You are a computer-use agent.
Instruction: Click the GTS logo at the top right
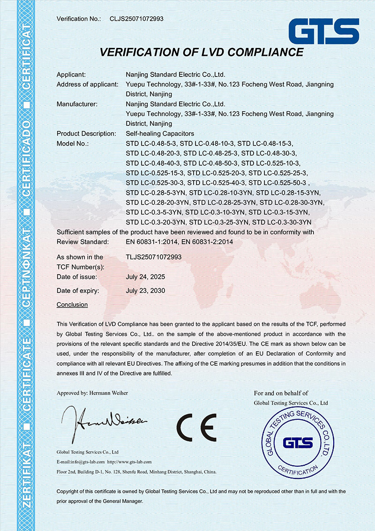[324, 31]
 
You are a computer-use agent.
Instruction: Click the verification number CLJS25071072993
[136, 19]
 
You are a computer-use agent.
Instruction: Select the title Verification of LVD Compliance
[202, 52]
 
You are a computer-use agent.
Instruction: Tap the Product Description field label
[86, 134]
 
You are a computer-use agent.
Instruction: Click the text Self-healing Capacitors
[160, 134]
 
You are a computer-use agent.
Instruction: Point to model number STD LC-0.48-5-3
[151, 143]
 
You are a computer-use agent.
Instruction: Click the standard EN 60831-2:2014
[207, 242]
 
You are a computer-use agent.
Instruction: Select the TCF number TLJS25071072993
[154, 257]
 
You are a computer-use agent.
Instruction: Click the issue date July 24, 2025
[145, 277]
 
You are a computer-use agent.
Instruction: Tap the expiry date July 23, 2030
[145, 291]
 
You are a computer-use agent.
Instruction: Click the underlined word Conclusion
[72, 305]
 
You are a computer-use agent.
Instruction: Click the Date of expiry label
[78, 291]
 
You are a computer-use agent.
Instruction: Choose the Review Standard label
[82, 242]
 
